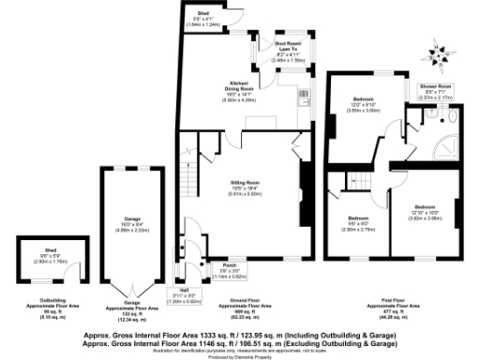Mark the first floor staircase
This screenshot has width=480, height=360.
coord(357,182)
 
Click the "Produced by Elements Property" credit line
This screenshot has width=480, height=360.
coord(239,357)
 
